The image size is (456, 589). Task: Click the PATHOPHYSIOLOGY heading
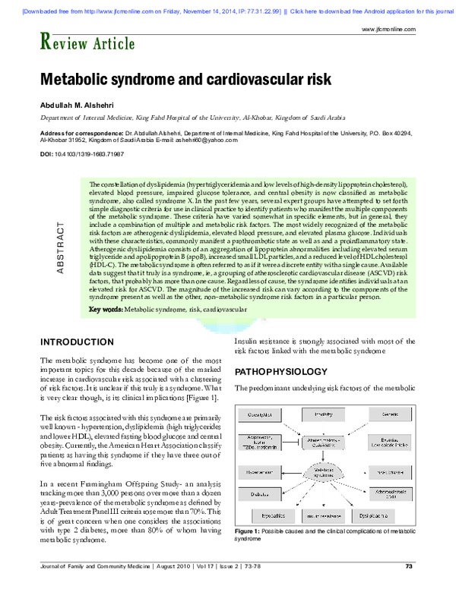tap(280, 373)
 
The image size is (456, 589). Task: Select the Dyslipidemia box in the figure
tap(388, 514)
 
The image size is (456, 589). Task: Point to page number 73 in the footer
tap(408, 566)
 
